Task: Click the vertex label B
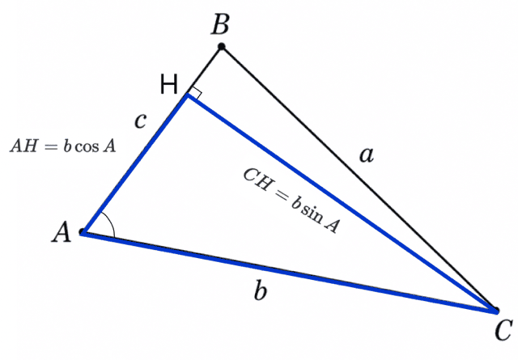pyautogui.click(x=220, y=23)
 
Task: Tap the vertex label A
pyautogui.click(x=62, y=232)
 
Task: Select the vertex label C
pyautogui.click(x=503, y=329)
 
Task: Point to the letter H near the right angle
pyautogui.click(x=169, y=84)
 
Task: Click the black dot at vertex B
pyautogui.click(x=222, y=47)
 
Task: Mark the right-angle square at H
pyautogui.click(x=196, y=92)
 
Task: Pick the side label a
pyautogui.click(x=367, y=155)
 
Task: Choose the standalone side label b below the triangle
pyautogui.click(x=261, y=290)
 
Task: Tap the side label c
pyautogui.click(x=140, y=121)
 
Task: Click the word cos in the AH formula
pyautogui.click(x=87, y=147)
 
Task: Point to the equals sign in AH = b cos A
pyautogui.click(x=51, y=146)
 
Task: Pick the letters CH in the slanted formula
pyautogui.click(x=257, y=180)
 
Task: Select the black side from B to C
pyautogui.click(x=359, y=178)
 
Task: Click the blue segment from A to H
pyautogui.click(x=135, y=163)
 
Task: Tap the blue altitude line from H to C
pyautogui.click(x=342, y=203)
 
